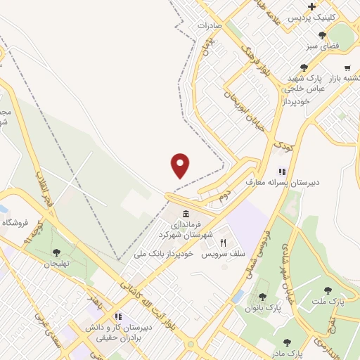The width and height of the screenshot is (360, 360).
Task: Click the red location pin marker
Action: click(181, 166)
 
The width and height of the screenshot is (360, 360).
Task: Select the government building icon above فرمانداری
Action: click(185, 214)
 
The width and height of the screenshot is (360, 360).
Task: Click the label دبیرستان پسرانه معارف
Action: click(282, 182)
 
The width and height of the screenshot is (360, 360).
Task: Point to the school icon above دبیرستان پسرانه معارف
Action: click(282, 171)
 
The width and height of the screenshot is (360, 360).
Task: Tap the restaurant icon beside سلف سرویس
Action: click(224, 240)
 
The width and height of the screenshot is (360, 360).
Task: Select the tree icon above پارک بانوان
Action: click(263, 297)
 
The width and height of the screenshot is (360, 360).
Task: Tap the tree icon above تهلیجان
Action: click(56, 251)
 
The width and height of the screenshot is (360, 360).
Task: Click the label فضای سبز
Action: click(322, 46)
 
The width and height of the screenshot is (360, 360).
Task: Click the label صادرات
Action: click(210, 25)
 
